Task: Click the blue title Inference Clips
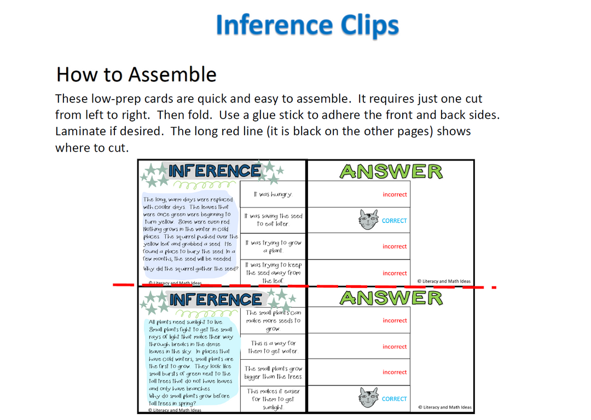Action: [x=307, y=25]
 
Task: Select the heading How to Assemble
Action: [x=136, y=74]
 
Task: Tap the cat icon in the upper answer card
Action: [x=368, y=220]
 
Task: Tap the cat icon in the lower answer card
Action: [x=368, y=398]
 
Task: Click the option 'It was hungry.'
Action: [x=273, y=194]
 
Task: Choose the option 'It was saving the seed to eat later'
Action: [x=273, y=220]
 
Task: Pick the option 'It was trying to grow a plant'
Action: [x=273, y=246]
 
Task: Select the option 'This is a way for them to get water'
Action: [x=273, y=347]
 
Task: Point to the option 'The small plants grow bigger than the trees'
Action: [x=273, y=372]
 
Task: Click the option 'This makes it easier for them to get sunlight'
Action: [x=273, y=399]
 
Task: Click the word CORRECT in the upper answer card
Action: [x=394, y=221]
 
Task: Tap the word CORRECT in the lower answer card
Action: [x=394, y=399]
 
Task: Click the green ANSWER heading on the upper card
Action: [x=391, y=171]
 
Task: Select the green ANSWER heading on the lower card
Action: [x=391, y=298]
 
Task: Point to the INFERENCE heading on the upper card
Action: [x=215, y=171]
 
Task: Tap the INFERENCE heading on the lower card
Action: [x=215, y=300]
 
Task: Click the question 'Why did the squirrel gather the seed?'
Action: [x=191, y=269]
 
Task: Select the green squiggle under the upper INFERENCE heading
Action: [x=204, y=185]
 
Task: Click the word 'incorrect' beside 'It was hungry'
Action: [x=395, y=194]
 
